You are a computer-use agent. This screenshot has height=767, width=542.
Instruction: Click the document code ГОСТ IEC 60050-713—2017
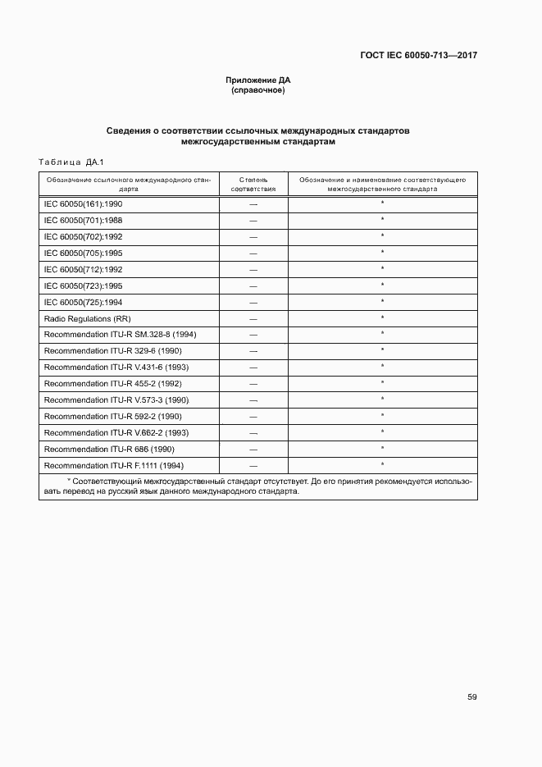(x=418, y=56)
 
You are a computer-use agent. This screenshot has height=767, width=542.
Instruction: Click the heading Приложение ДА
(x=258, y=80)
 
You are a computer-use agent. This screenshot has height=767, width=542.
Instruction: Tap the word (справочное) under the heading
(x=258, y=90)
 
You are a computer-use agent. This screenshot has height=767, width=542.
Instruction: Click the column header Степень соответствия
(x=253, y=182)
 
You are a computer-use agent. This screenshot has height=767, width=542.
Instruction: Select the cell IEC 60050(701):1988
(x=83, y=220)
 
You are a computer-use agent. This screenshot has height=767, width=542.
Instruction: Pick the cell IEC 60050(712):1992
(x=83, y=269)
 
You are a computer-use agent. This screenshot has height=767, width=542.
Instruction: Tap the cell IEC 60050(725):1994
(x=83, y=301)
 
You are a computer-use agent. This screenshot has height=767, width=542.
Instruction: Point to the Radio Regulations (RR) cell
(x=88, y=318)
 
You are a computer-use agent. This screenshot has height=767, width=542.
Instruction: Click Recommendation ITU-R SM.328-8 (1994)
(x=120, y=335)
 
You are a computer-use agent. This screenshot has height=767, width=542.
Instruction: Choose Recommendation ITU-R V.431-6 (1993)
(x=116, y=367)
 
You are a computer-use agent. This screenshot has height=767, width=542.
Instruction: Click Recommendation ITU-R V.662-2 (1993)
(x=116, y=432)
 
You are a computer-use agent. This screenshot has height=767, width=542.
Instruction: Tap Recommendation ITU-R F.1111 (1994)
(x=114, y=465)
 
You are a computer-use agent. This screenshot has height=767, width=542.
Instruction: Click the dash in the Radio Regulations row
(x=253, y=318)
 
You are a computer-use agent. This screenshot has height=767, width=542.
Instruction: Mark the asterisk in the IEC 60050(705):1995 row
(x=382, y=252)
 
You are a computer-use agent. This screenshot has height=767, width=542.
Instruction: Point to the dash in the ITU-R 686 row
(x=253, y=450)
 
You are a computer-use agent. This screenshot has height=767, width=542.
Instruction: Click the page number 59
(x=472, y=697)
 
